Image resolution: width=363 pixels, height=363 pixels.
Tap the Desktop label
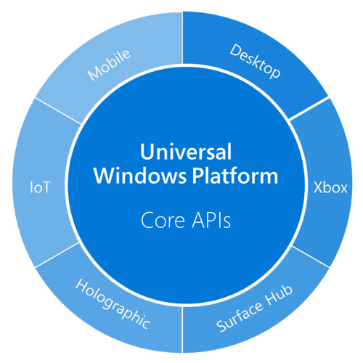(x=256, y=62)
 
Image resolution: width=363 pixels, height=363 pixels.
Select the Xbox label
(x=328, y=187)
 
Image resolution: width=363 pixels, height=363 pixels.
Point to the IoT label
(x=39, y=187)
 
